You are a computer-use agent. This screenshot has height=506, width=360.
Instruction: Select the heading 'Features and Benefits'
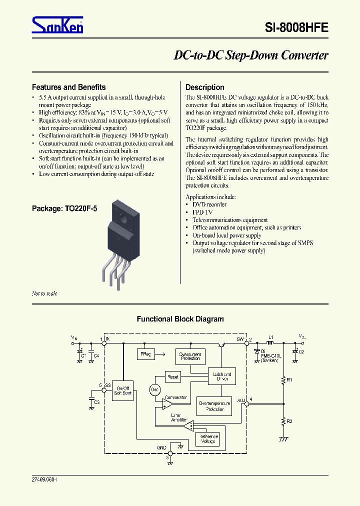[x=68, y=87]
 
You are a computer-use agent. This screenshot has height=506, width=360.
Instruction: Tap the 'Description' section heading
[x=205, y=87]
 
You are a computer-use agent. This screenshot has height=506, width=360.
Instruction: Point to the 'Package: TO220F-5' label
[x=64, y=208]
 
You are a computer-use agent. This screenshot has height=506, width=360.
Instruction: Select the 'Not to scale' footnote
[x=44, y=293]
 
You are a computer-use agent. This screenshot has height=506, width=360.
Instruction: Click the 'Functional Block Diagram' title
[x=180, y=319]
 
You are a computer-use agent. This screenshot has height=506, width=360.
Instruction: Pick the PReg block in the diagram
[x=144, y=354]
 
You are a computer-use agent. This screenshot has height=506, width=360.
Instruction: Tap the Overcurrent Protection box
[x=190, y=356]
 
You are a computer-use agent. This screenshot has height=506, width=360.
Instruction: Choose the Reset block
[x=173, y=377]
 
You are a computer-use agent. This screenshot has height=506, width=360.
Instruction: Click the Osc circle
[x=154, y=389]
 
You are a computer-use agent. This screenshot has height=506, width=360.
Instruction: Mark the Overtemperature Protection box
[x=214, y=406]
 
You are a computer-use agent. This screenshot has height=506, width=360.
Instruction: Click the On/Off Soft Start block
[x=122, y=391]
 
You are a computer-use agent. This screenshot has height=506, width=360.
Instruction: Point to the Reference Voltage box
[x=208, y=438]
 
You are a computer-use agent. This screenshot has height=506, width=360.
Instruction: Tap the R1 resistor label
[x=289, y=380]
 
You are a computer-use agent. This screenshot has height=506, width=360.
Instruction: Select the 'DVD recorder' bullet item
[x=209, y=204]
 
